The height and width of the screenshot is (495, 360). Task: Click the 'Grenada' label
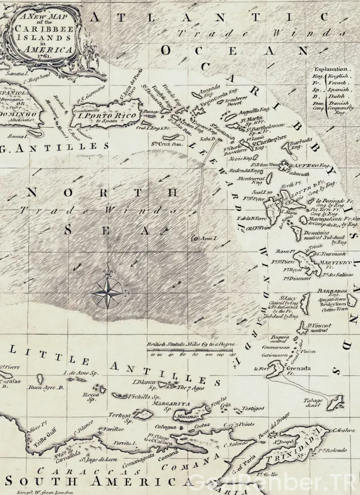(x=298, y=369)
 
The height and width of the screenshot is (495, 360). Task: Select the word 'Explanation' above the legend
(x=332, y=70)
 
